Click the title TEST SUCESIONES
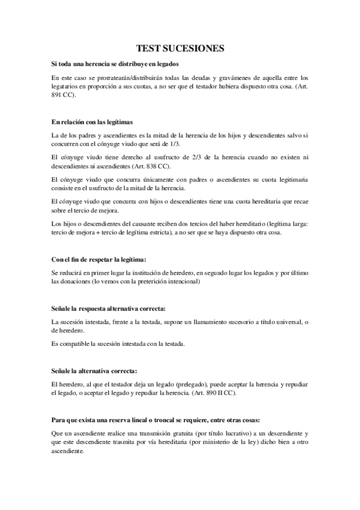[x=180, y=48]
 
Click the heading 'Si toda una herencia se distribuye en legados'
[x=115, y=64]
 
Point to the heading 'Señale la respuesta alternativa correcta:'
[x=108, y=308]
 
